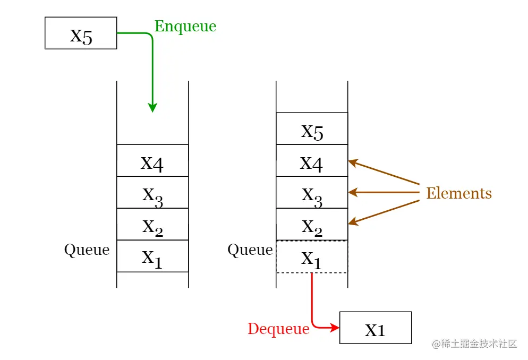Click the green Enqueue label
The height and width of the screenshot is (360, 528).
[x=185, y=26]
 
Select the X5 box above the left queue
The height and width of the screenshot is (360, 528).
[x=81, y=33]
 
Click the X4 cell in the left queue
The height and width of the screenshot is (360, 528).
[x=152, y=160]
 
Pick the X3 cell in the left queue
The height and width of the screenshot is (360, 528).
[x=152, y=192]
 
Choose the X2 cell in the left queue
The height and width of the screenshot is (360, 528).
[x=152, y=224]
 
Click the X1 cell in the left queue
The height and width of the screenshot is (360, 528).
[x=152, y=256]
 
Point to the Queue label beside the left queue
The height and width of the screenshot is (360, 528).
[x=87, y=250]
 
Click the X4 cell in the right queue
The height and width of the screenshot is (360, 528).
[x=312, y=160]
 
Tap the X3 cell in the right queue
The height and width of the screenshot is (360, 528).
[x=312, y=192]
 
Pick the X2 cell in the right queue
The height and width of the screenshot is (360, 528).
[x=312, y=224]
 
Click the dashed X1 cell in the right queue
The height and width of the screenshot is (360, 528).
[x=312, y=256]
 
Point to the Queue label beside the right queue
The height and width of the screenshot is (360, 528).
[x=250, y=250]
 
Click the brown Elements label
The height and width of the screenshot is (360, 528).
[x=459, y=193]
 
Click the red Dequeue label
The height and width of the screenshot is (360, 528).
[x=278, y=329]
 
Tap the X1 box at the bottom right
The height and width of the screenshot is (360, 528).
[x=376, y=328]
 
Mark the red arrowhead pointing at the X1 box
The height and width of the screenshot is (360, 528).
[x=335, y=328]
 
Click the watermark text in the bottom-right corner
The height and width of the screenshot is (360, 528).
[x=474, y=344]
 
